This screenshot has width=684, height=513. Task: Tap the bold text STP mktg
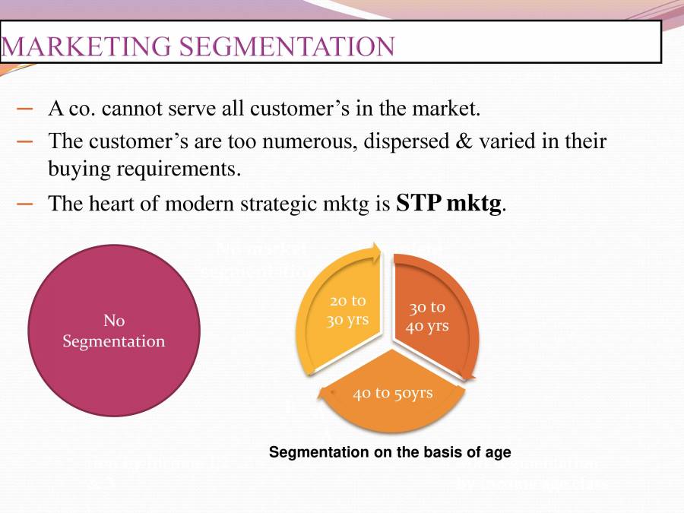[450, 204]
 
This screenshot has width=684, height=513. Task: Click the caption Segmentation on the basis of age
[390, 452]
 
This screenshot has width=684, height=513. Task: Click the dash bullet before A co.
[25, 109]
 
